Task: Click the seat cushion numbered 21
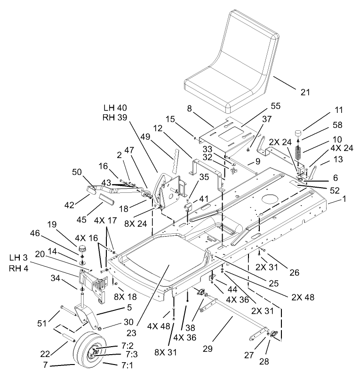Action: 231,61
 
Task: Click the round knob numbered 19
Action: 83,248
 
